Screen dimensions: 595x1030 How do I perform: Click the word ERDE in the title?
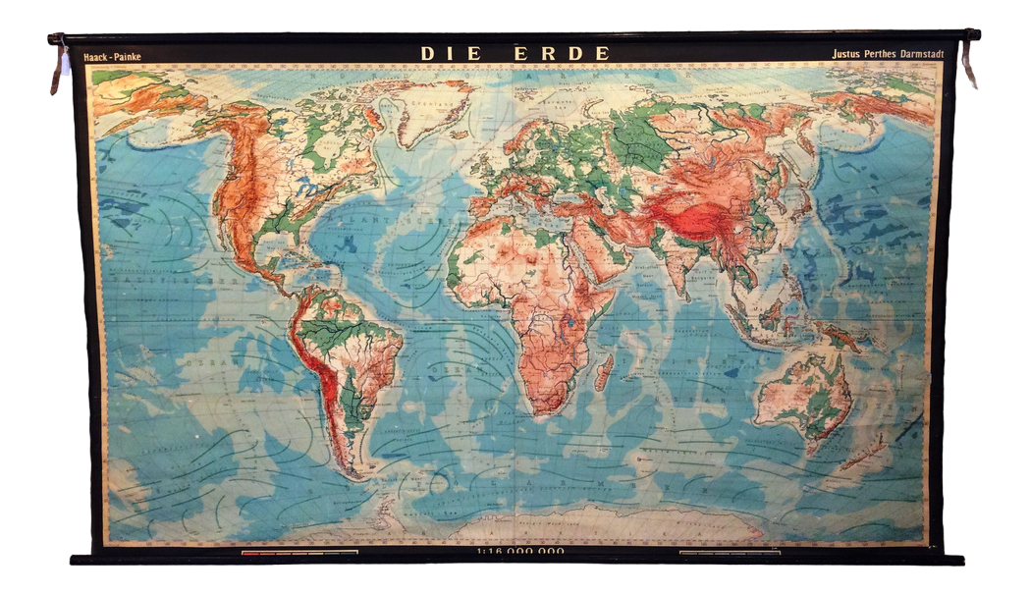pyautogui.click(x=562, y=53)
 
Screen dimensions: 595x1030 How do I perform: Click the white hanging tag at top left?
pyautogui.click(x=66, y=63)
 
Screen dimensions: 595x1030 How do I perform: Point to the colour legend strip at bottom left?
pyautogui.click(x=299, y=553)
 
